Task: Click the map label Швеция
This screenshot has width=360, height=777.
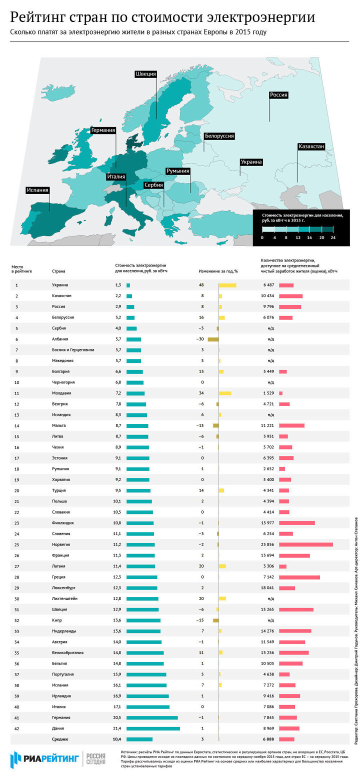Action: click(x=146, y=74)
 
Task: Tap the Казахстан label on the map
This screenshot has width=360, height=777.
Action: click(x=311, y=146)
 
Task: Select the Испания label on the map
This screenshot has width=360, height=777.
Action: click(x=38, y=190)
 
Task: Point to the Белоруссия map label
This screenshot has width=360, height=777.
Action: click(x=219, y=136)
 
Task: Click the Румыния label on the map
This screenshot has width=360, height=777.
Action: click(x=178, y=171)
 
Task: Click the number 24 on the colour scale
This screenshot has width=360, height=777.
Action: click(x=333, y=237)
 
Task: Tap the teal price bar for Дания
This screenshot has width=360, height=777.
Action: click(x=153, y=728)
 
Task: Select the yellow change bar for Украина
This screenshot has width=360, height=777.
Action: click(x=227, y=285)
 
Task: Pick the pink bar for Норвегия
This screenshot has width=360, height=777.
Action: click(x=305, y=544)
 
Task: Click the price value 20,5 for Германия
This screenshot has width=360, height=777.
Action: click(x=118, y=717)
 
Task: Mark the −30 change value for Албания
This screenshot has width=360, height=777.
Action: click(x=202, y=339)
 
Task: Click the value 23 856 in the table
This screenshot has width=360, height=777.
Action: click(x=265, y=544)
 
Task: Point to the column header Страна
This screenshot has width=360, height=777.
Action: click(x=58, y=271)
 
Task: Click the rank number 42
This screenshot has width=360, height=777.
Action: click(x=17, y=728)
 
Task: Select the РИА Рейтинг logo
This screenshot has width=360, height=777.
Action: click(x=45, y=759)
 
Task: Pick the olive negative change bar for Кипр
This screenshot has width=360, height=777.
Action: click(x=216, y=620)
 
